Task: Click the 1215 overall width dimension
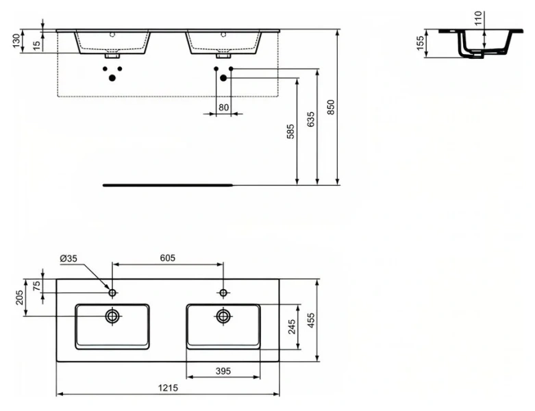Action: click(169, 388)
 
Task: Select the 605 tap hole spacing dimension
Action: click(168, 258)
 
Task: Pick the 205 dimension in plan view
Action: click(19, 297)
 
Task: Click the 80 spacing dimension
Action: click(223, 107)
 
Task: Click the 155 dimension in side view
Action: click(422, 43)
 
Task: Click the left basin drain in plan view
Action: click(112, 316)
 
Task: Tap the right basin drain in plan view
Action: click(223, 316)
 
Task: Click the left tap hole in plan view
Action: click(112, 293)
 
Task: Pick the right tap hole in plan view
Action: click(223, 293)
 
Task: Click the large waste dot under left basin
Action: click(112, 77)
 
